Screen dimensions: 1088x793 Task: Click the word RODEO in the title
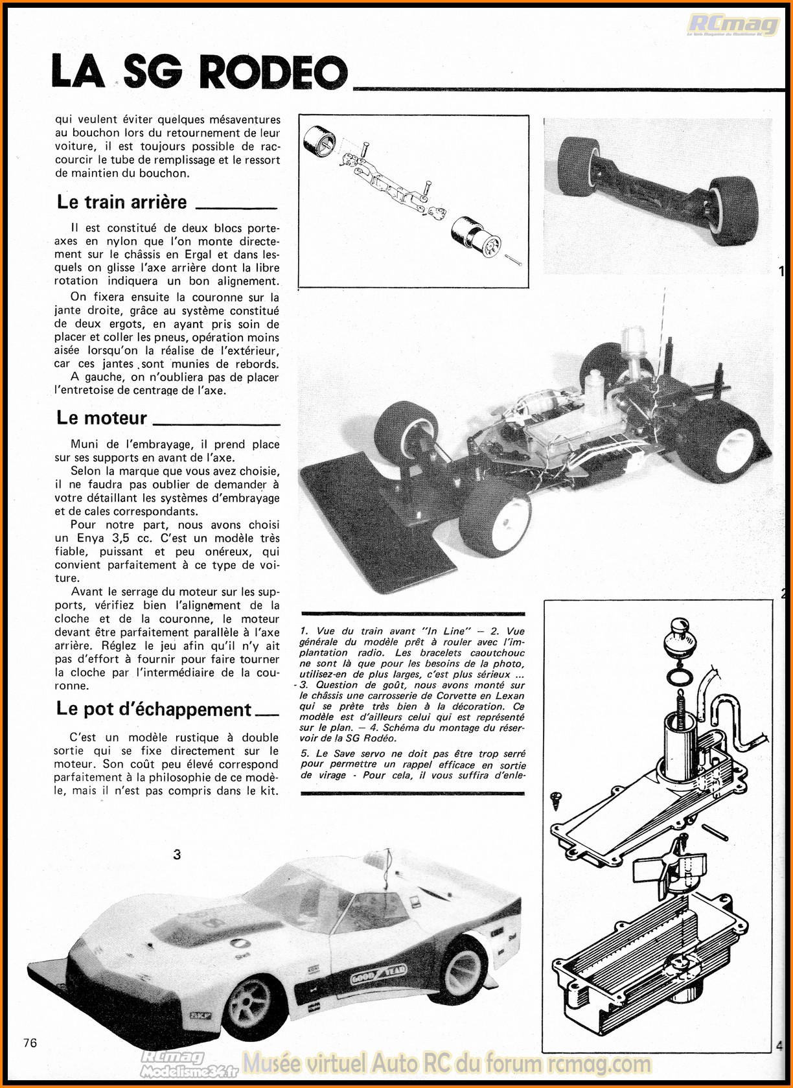[273, 72]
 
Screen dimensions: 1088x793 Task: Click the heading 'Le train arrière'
[122, 202]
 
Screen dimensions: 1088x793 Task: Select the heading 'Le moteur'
[102, 418]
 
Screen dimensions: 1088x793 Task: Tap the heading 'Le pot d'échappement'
[154, 710]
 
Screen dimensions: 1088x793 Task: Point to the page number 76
[30, 1043]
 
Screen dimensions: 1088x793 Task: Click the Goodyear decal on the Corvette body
[378, 973]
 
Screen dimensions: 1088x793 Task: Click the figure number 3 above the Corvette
[177, 855]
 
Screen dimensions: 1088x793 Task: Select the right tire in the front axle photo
[734, 211]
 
